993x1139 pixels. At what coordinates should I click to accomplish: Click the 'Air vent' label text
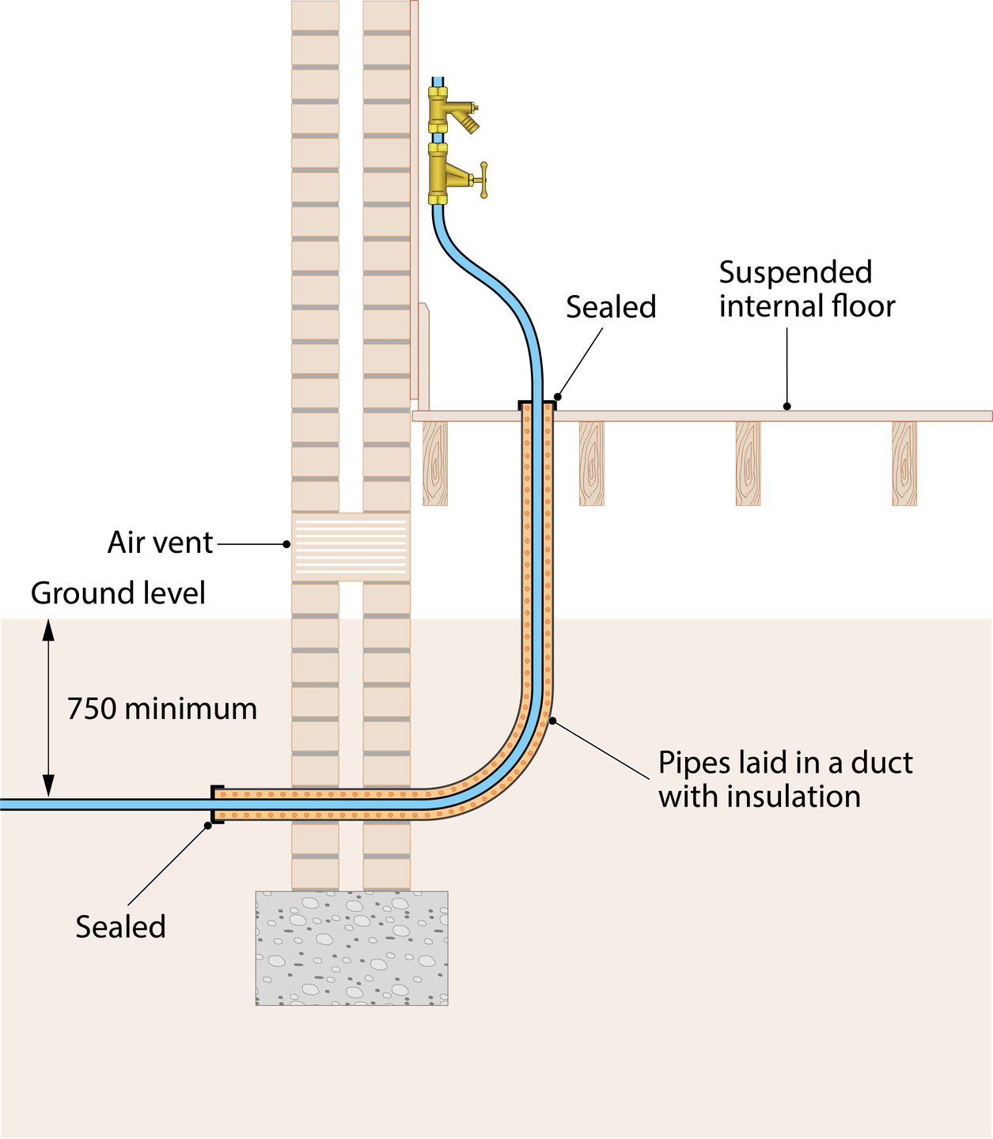click(x=161, y=543)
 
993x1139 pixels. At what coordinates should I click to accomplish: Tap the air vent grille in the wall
click(x=351, y=547)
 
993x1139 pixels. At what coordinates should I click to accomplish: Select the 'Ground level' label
click(x=118, y=593)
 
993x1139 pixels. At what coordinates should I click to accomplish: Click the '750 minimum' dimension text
click(x=162, y=709)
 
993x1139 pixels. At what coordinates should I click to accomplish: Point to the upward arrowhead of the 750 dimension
click(x=48, y=630)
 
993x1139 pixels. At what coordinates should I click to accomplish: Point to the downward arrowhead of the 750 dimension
click(x=48, y=785)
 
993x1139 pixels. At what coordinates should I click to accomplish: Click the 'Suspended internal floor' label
click(x=807, y=289)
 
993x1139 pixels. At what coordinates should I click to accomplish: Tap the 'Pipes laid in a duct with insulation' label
click(x=785, y=779)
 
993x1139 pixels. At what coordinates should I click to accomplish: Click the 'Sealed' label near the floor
click(x=611, y=307)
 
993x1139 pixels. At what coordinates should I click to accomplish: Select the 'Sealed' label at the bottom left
click(x=121, y=927)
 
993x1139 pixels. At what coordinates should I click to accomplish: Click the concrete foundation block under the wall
click(x=351, y=948)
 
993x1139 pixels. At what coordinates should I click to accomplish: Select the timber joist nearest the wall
click(x=435, y=464)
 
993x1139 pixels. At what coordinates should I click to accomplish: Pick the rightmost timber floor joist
click(x=904, y=464)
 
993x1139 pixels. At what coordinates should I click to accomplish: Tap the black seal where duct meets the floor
click(x=537, y=403)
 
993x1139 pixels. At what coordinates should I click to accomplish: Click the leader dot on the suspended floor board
click(x=787, y=407)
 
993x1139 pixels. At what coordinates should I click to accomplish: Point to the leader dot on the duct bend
click(x=552, y=721)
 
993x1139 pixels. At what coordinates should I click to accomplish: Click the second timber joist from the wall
click(x=592, y=464)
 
